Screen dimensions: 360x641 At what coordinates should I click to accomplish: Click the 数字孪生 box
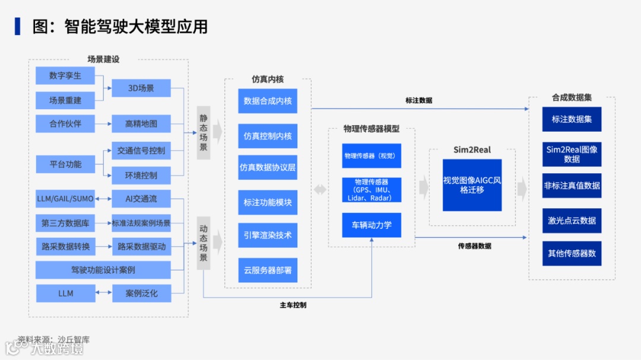tap(65, 76)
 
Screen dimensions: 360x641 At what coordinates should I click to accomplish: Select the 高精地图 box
tap(141, 124)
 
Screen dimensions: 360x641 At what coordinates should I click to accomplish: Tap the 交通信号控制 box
tap(141, 151)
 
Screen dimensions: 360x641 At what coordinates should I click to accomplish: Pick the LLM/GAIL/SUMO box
tap(65, 198)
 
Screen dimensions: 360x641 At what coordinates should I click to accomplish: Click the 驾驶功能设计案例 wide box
tap(103, 270)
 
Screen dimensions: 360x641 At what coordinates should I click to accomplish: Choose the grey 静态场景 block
tap(204, 133)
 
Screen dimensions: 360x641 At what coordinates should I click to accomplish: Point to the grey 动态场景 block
tap(204, 243)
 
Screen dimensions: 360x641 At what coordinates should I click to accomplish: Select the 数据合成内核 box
tap(268, 101)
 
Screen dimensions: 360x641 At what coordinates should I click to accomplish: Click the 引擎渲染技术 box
tap(268, 235)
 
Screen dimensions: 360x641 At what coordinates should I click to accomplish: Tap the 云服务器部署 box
tap(268, 270)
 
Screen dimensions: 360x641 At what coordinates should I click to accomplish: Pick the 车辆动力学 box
tap(372, 225)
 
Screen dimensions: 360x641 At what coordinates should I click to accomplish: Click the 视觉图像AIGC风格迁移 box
tap(472, 185)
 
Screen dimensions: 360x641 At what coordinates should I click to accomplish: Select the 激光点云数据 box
tap(572, 221)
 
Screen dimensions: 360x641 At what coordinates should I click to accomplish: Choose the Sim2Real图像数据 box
tap(572, 154)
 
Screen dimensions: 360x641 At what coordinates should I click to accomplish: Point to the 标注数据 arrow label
tap(418, 101)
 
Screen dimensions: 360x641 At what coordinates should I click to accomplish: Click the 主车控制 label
tap(293, 305)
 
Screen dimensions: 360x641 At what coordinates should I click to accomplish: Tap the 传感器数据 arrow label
tap(474, 246)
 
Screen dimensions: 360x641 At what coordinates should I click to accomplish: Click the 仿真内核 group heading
tap(268, 79)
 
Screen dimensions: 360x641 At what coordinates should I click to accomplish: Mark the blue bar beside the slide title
tap(17, 27)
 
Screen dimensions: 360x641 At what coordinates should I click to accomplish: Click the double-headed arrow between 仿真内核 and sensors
tap(320, 190)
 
